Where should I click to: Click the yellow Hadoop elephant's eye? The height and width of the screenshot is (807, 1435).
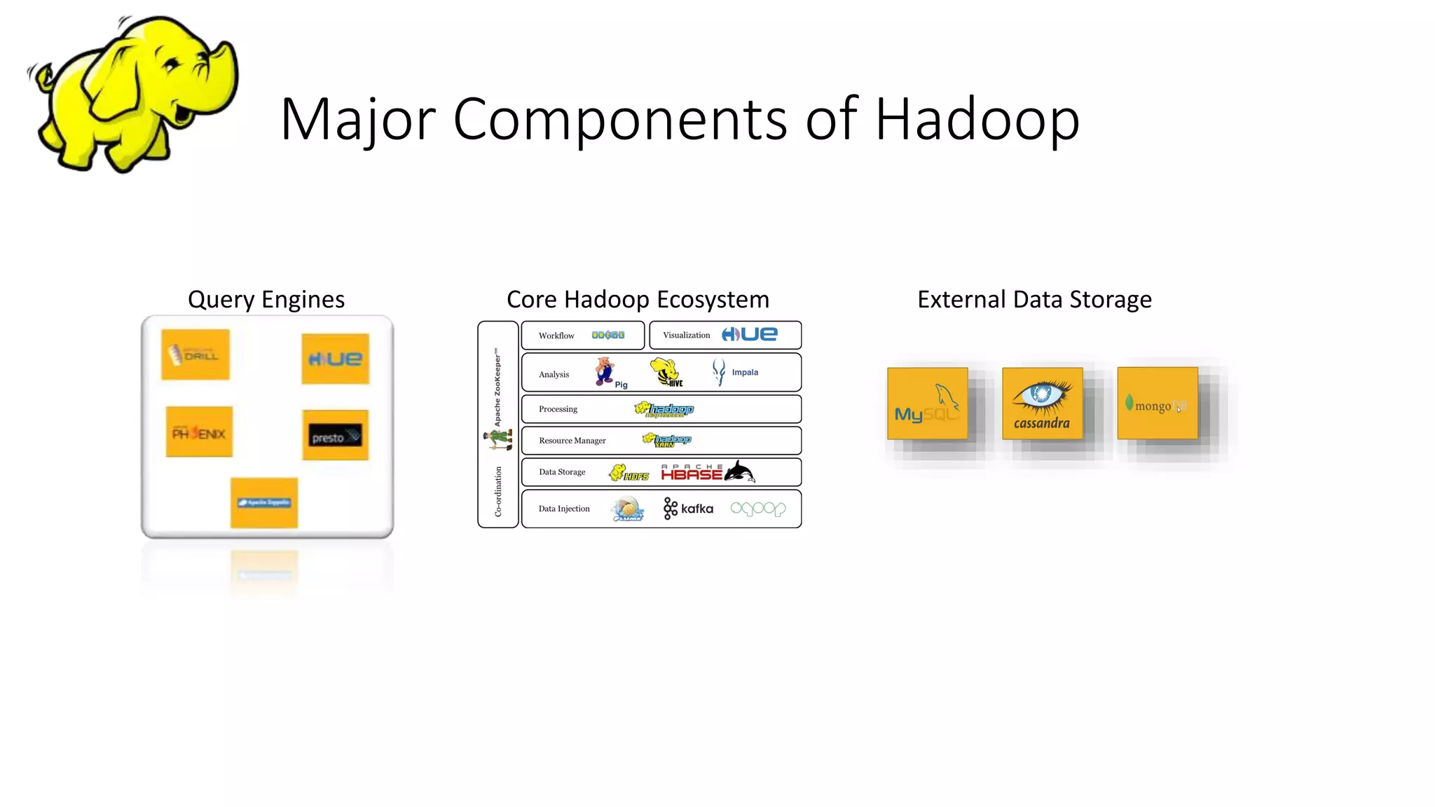[170, 67]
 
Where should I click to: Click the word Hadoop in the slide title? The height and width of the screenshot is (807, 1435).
[977, 119]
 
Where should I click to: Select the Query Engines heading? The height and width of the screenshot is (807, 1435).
[266, 299]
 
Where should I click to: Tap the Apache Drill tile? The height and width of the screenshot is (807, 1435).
[195, 354]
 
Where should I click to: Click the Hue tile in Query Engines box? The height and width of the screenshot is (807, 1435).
[335, 359]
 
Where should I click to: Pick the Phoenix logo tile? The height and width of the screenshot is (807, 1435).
[199, 432]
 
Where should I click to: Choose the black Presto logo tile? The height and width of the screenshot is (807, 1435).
[335, 435]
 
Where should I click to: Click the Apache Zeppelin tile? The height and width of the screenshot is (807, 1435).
[264, 502]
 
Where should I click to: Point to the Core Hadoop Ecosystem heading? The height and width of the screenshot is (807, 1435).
[638, 299]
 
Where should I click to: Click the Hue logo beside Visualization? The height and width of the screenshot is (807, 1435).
[749, 335]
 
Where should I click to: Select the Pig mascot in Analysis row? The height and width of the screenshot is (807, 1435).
[605, 371]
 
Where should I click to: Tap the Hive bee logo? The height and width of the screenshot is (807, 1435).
[665, 372]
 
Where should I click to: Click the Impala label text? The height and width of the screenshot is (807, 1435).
[745, 372]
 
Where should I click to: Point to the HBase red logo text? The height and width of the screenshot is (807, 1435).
[691, 474]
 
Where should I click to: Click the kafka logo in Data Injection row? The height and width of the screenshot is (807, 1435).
[688, 509]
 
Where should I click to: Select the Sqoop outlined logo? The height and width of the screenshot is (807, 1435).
[757, 509]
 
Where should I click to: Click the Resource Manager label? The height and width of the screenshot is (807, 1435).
[572, 441]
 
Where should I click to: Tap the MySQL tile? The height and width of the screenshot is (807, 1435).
[927, 403]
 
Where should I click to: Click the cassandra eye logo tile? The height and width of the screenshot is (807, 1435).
[1042, 403]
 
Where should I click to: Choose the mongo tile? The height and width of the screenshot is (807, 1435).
[1157, 403]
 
